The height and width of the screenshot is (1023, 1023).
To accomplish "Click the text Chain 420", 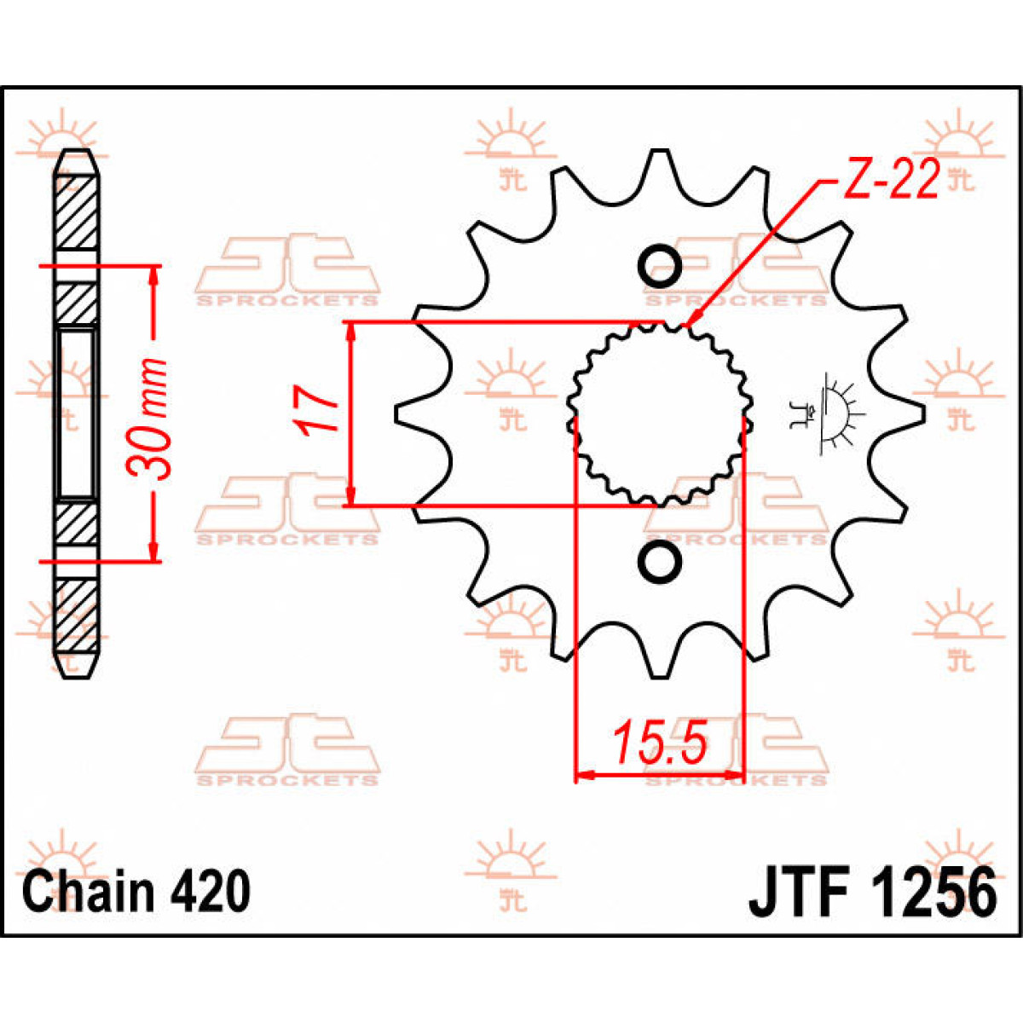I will pos(136,893).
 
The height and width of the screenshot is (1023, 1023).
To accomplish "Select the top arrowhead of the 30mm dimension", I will pos(153,273).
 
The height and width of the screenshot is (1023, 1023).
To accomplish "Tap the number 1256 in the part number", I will pos(933,893).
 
